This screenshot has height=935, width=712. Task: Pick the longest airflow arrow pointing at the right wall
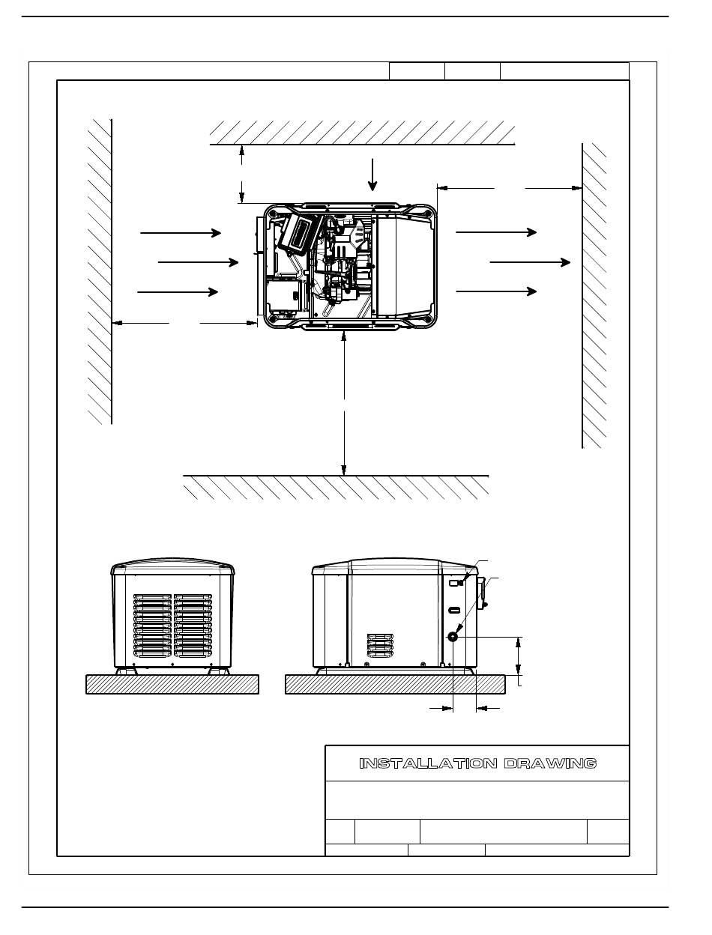click(x=529, y=262)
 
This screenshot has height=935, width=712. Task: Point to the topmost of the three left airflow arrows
click(x=181, y=233)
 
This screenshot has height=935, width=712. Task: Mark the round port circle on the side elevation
click(x=453, y=636)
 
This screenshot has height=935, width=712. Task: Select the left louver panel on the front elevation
click(x=153, y=623)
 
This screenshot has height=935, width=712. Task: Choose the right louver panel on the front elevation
click(x=193, y=623)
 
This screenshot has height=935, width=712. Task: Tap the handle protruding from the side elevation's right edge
click(x=483, y=592)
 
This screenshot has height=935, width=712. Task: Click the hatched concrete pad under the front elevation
click(x=172, y=684)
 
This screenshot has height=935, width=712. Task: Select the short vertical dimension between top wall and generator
click(x=241, y=173)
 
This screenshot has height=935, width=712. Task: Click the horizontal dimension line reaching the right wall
click(x=510, y=188)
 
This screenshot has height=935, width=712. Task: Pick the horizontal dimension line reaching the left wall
click(x=184, y=323)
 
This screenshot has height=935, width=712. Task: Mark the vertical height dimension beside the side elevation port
click(x=519, y=655)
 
